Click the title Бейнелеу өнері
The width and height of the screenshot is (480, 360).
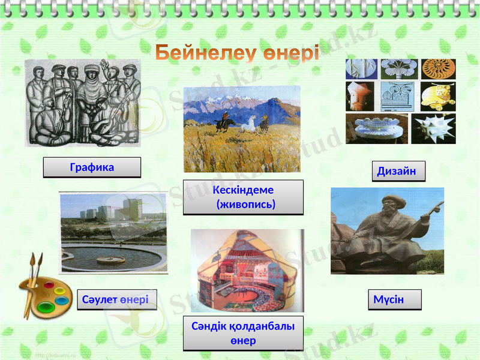tap(238, 54)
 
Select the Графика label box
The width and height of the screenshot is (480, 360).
tap(92, 167)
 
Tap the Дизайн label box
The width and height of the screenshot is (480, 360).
tap(398, 171)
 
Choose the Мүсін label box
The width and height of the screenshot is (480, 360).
tap(394, 299)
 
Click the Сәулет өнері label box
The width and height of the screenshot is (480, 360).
tap(117, 299)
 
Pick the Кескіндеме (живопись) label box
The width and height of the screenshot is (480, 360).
tap(243, 197)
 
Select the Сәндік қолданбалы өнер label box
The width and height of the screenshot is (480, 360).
tap(243, 333)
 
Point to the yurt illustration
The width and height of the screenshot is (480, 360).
tap(247, 270)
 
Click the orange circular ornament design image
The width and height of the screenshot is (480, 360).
tap(438, 69)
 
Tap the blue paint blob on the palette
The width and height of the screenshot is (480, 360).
tap(61, 299)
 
